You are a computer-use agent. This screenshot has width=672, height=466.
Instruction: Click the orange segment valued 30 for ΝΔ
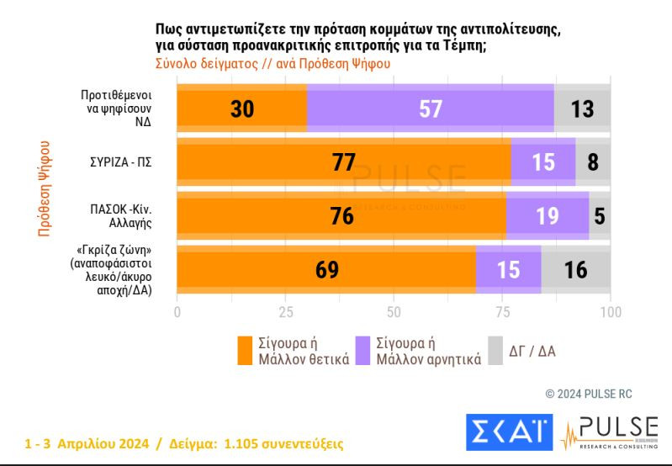point(241,109)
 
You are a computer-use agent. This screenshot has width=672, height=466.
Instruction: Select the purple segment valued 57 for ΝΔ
point(430,109)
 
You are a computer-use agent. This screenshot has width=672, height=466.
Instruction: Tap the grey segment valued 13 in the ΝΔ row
point(582,109)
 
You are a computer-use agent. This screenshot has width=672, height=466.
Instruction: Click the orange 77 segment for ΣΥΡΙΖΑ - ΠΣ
point(343,162)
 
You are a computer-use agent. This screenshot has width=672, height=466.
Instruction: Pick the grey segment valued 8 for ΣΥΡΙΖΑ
point(593,162)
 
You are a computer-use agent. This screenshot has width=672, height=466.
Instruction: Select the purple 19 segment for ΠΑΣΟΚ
point(548,215)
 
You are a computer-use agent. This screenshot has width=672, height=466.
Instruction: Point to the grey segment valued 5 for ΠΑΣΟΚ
point(600,215)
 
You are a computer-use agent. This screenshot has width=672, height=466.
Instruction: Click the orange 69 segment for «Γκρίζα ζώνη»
point(325,268)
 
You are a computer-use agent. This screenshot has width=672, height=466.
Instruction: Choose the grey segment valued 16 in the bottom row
point(575,268)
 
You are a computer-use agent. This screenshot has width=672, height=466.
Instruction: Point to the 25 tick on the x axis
point(285,312)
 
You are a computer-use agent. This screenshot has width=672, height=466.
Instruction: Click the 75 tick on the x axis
point(502,312)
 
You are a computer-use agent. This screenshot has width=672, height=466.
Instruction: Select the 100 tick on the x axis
point(610,312)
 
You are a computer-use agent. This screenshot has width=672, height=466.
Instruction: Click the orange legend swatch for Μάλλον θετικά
point(245,351)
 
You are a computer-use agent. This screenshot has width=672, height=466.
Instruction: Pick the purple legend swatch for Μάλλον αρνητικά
point(363,351)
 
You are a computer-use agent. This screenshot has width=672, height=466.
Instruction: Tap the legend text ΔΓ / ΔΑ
point(532,351)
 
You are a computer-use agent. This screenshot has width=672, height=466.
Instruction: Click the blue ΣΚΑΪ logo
point(508,432)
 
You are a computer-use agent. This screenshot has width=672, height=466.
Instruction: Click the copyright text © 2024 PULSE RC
point(589,394)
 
